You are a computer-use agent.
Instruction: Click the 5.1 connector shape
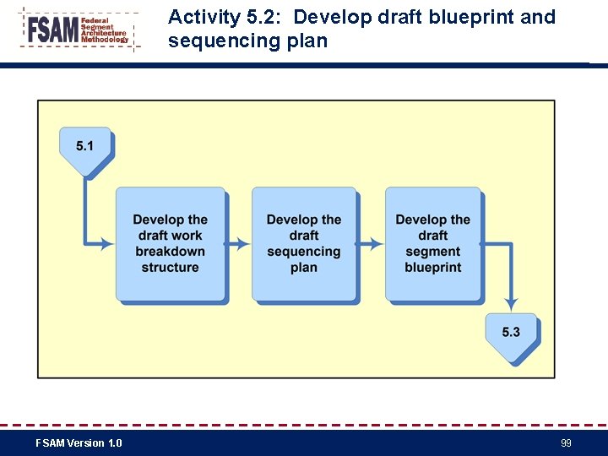coord(84,149)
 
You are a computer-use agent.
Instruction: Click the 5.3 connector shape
coord(511,334)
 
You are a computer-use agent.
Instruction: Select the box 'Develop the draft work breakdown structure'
coord(170,244)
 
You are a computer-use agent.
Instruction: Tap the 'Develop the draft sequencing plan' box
coord(304,244)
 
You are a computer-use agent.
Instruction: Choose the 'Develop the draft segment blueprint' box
coord(433,244)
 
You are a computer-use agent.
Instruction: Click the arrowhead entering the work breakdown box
coord(107,244)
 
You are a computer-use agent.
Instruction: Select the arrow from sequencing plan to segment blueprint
coord(372,244)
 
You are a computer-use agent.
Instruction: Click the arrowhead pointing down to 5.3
coord(511,302)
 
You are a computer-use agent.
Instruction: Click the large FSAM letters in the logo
coord(52,30)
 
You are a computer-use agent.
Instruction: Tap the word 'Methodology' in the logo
coord(105,40)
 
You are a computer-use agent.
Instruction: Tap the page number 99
coord(566,443)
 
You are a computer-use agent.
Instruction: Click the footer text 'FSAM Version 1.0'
coord(79,443)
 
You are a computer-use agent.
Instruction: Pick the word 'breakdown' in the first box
coord(170,252)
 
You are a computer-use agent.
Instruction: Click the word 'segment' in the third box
coord(433,252)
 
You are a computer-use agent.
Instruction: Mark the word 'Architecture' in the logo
coord(104,34)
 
